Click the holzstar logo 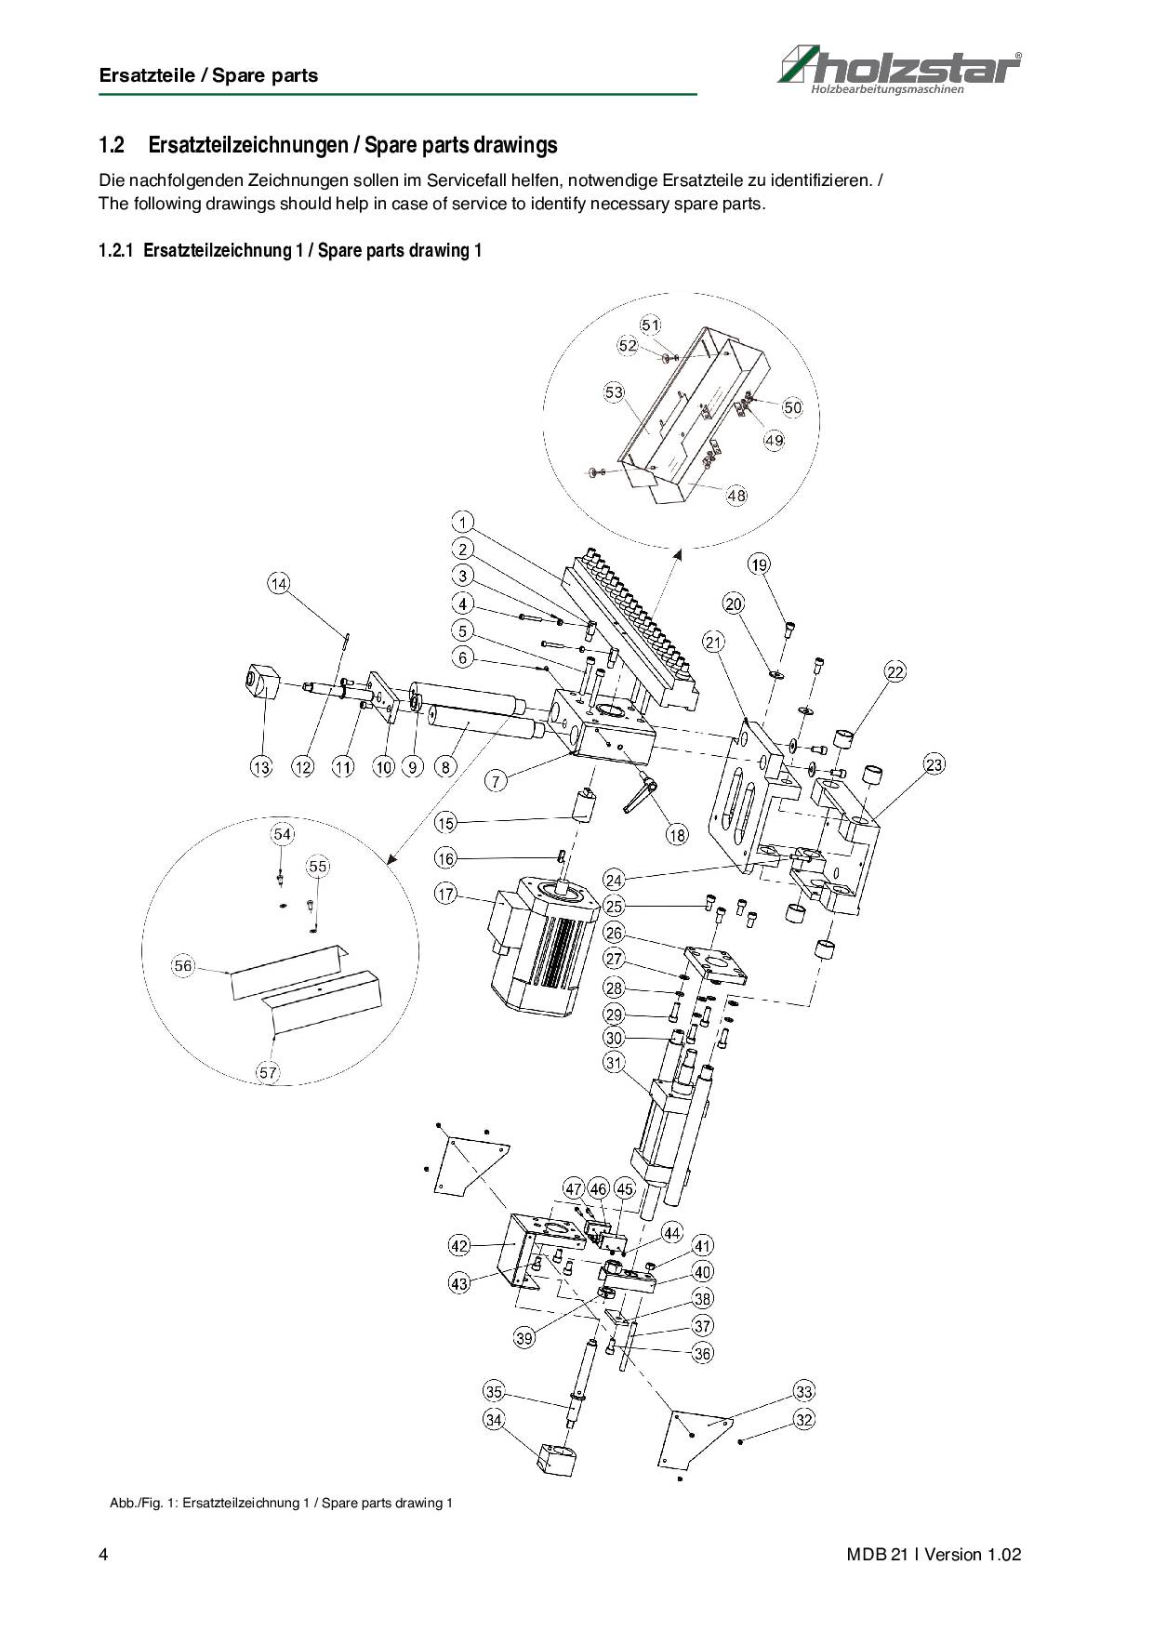(899, 70)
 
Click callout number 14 (279, 583)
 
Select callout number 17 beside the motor (446, 894)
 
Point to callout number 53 (614, 392)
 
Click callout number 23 (934, 764)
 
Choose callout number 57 (268, 1072)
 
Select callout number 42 (459, 1245)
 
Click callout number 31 (614, 1062)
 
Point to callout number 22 (895, 671)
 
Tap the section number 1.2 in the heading (112, 146)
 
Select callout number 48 (736, 496)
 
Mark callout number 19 (760, 564)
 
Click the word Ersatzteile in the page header (148, 76)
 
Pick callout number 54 (283, 834)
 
